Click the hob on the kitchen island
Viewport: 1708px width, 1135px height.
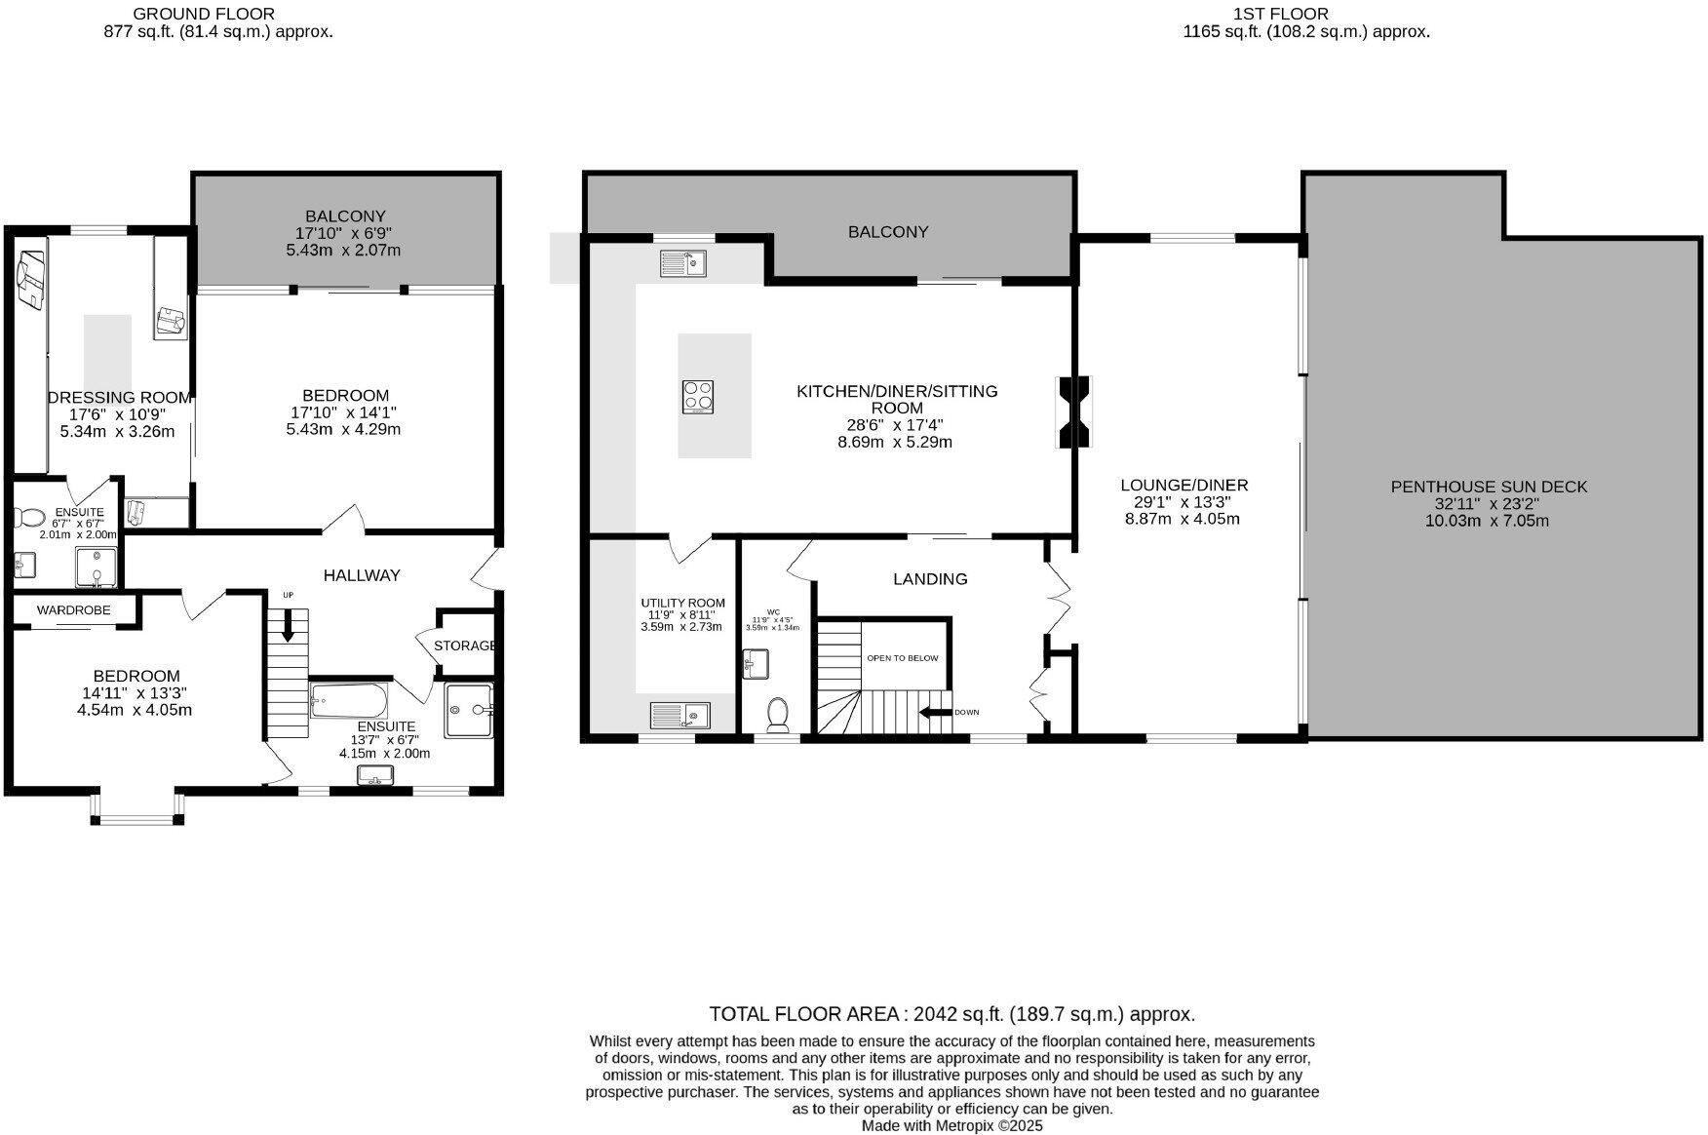(698, 397)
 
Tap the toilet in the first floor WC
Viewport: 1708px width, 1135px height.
(778, 715)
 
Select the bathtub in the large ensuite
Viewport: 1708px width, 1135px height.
(349, 700)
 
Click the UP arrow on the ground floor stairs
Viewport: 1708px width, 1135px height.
(288, 623)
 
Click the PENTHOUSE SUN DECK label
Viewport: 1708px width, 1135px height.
(1489, 487)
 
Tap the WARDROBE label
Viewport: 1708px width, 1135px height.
(73, 610)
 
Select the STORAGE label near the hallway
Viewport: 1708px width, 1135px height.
(465, 646)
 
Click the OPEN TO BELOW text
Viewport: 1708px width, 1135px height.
(902, 658)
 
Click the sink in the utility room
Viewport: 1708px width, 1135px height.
(680, 716)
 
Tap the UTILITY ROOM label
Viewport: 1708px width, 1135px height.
(682, 603)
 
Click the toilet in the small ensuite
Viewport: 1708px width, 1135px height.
(29, 517)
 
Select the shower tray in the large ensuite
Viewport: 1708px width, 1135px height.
(468, 709)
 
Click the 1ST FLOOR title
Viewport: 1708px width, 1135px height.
(1280, 14)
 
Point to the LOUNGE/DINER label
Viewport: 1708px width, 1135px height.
(1184, 485)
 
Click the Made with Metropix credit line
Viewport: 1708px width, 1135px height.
(951, 1125)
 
